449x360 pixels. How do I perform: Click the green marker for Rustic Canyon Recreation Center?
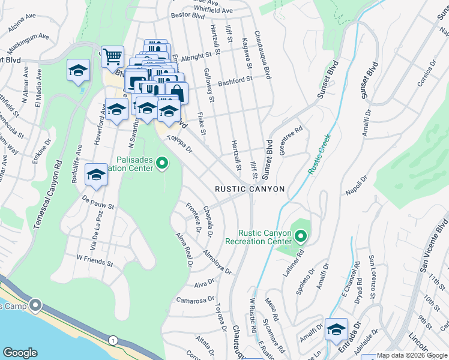(300, 236)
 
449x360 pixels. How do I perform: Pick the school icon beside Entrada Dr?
(336, 329)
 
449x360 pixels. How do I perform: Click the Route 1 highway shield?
(112, 340)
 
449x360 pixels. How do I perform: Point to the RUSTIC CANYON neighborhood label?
(250, 189)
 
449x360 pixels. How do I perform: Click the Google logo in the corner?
(20, 353)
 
